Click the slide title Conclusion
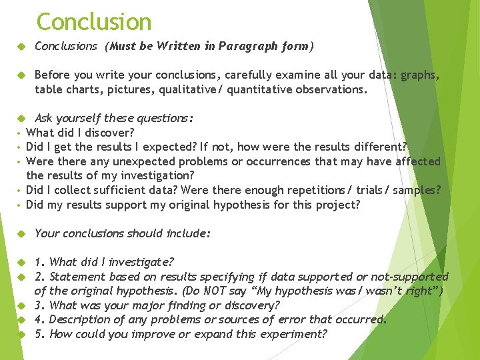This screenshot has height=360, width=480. (94, 22)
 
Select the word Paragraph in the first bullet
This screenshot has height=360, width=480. (257, 46)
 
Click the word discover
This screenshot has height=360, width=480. (107, 133)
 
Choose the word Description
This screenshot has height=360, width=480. (83, 319)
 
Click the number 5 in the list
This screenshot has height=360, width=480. (39, 334)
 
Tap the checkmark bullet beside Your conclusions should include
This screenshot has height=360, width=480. (21, 233)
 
